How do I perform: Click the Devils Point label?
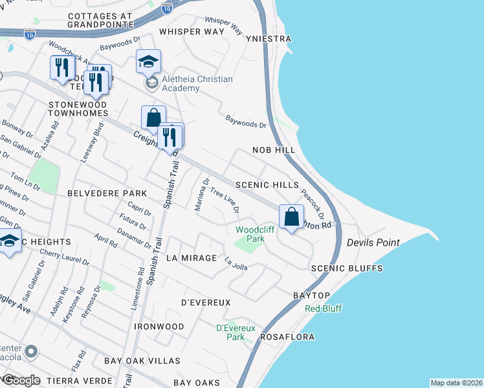[x=373, y=242]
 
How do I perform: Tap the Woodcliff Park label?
[x=250, y=234]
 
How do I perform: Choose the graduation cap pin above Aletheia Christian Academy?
[x=148, y=62]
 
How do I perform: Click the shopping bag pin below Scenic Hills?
[x=292, y=217]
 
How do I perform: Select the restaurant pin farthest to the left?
[x=62, y=68]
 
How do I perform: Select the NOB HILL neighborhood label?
[x=274, y=150]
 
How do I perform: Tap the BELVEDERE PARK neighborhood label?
[x=107, y=193]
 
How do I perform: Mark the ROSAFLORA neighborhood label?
[x=287, y=337]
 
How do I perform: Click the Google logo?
[x=21, y=380]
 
